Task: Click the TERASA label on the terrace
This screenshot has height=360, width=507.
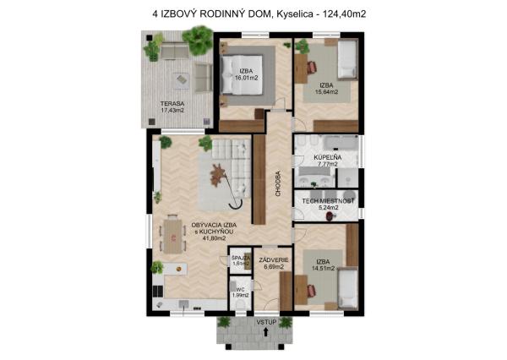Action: pos(172,104)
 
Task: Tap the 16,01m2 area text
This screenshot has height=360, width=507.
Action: pos(247,78)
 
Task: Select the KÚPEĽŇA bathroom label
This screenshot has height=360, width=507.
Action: pos(328,157)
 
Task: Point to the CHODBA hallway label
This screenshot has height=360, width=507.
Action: pos(278,183)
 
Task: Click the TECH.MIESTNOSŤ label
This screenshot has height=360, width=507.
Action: pos(328,201)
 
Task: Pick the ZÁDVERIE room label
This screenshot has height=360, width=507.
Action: pos(274,260)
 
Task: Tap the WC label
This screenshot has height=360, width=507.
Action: pos(240,290)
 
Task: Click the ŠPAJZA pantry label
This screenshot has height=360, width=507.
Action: pos(241,258)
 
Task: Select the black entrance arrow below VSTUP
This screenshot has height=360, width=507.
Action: pos(266,332)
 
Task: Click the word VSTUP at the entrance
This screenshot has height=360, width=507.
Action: pos(267,322)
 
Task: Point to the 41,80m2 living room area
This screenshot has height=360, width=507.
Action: pos(214,238)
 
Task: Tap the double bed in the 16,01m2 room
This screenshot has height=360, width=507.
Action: pos(242,75)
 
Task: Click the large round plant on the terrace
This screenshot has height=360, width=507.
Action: pos(198,40)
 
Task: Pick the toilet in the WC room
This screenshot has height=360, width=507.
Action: pos(240,304)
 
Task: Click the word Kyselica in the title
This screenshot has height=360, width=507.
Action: pos(295,14)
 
